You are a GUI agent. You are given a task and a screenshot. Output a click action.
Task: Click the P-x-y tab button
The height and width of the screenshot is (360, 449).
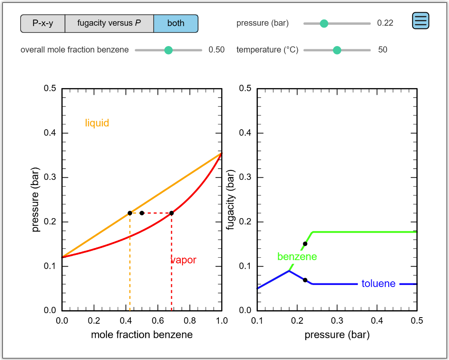[43, 23]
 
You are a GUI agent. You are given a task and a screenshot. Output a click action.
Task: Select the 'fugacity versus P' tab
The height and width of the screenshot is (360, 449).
[109, 23]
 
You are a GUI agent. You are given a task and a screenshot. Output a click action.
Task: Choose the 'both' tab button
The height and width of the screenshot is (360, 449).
[176, 23]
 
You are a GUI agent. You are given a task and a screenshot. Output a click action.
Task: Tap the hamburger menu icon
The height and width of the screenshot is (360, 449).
[421, 20]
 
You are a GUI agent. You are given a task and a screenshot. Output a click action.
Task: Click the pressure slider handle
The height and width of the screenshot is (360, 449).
[324, 23]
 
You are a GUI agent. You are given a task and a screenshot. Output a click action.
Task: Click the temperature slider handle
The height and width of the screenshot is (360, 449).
[337, 50]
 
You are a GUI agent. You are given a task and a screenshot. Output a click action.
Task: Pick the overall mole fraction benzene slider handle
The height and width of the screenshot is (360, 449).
[168, 50]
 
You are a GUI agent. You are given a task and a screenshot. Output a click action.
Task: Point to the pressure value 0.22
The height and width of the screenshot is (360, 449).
[385, 23]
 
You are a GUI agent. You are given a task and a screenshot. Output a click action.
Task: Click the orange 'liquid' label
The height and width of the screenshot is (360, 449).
[97, 123]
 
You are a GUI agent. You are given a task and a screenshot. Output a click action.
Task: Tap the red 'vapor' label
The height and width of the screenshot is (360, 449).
[183, 260]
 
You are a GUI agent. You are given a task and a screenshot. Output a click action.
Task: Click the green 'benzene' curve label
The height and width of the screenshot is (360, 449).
[297, 256]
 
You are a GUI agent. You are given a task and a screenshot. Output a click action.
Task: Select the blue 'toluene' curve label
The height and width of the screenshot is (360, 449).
[379, 283]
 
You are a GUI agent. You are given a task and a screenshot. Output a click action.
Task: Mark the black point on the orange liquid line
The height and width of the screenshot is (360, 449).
[130, 213]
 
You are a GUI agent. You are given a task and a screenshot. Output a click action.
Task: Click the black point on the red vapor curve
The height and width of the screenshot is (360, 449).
[172, 213]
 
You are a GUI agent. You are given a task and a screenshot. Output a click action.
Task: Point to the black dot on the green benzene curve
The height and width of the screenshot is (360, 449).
[305, 244]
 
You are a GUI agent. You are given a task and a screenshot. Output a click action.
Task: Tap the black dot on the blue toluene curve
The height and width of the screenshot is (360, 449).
[305, 280]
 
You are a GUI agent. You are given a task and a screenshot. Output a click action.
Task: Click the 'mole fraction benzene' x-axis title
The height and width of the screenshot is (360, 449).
[142, 335]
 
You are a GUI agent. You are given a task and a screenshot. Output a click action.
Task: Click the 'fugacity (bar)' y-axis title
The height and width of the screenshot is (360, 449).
[231, 199]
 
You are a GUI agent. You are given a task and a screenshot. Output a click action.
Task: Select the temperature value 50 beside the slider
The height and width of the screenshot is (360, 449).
[383, 50]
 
